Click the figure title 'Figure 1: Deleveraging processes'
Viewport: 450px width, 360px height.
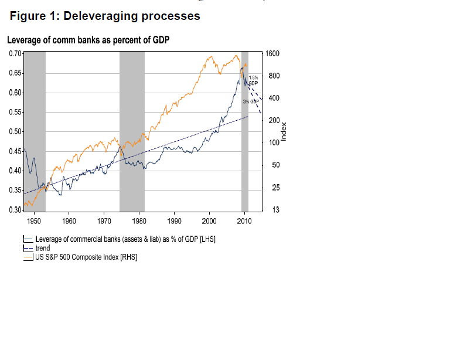coord(105,16)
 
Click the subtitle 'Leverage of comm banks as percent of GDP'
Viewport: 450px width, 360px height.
coord(88,40)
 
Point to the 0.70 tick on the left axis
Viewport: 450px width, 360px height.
coord(16,53)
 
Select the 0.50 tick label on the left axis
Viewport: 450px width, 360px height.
coord(16,131)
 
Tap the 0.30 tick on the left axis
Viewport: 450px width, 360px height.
coord(16,210)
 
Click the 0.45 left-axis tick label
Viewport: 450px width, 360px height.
coord(16,151)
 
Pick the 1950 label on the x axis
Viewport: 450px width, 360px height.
coord(33,221)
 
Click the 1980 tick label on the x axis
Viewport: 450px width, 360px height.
coord(139,221)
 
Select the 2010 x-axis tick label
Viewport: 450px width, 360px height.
coord(244,221)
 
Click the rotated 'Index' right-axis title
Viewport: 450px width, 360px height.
coord(284,131)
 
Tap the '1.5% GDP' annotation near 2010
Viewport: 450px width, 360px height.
coord(253,80)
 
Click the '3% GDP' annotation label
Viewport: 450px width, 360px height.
coord(251,101)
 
